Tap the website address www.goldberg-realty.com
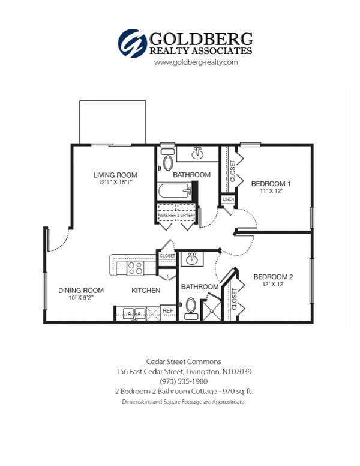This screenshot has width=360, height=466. (188, 62)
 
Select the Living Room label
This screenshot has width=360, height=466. (115, 175)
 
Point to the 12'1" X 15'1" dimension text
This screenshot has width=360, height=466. (115, 183)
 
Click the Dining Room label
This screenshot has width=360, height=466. (77, 291)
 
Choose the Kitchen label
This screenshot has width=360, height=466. (146, 291)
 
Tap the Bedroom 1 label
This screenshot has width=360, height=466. (271, 183)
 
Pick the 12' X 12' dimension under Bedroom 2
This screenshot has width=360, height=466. (273, 285)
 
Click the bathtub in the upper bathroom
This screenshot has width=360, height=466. (175, 192)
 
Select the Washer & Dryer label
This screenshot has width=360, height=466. (177, 214)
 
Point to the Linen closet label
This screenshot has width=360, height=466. (228, 199)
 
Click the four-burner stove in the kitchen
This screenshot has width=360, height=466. (134, 267)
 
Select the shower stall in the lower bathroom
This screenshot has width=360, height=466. (210, 310)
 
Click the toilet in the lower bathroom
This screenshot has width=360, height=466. (191, 307)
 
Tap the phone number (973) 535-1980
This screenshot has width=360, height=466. (184, 381)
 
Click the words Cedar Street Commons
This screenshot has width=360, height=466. (184, 362)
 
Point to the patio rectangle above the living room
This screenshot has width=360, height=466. (113, 122)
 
